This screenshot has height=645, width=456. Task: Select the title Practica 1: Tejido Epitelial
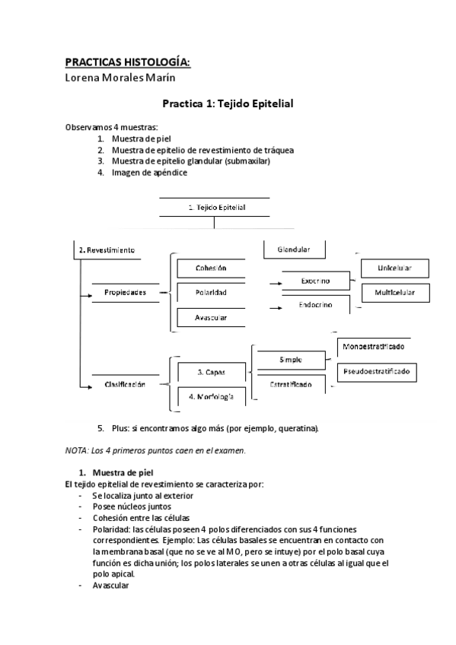coord(228,103)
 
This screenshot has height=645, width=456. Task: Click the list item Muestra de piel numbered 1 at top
coord(141,139)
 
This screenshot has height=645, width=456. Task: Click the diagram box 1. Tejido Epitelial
coord(216,206)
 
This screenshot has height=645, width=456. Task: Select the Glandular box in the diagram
coord(293,249)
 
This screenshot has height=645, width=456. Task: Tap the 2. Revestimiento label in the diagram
coord(107,249)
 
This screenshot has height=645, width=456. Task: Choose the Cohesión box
coord(211,268)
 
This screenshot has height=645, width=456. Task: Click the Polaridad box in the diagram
coord(211,292)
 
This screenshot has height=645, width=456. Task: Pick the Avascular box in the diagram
coord(211,317)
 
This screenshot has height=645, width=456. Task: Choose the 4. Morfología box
coord(211,397)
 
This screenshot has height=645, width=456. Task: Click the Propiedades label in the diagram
coord(125,292)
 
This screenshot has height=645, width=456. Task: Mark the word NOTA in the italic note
coord(76,450)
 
